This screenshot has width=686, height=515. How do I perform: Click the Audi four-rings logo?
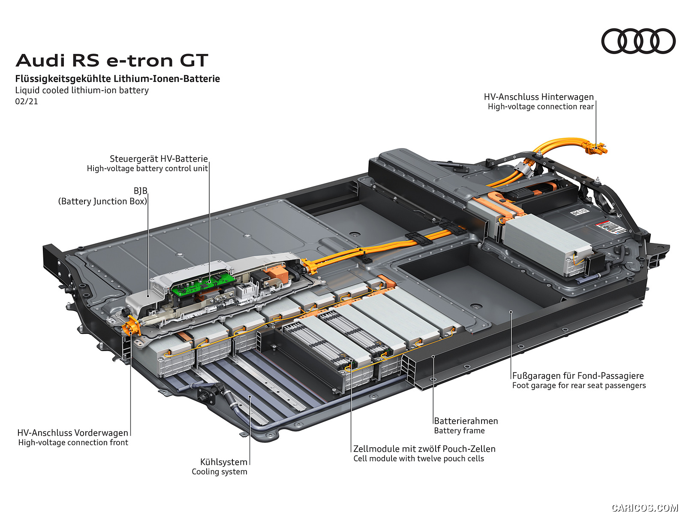[638, 41]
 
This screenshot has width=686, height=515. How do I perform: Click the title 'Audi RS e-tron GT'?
[112, 61]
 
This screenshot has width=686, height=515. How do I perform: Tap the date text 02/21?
[27, 102]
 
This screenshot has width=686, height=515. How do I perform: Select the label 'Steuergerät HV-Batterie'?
[159, 159]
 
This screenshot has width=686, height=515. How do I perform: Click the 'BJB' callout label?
[140, 191]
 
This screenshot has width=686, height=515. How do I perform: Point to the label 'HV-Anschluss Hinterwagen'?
[539, 97]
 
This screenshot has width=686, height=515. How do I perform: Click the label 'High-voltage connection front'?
[73, 442]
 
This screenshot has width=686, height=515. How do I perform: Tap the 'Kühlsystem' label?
[224, 462]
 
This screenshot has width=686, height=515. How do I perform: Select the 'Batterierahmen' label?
[466, 421]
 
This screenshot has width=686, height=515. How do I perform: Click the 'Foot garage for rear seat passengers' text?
[579, 385]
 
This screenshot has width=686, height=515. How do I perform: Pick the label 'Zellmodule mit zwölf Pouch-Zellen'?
[424, 449]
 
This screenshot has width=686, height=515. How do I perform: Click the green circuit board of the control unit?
[204, 284]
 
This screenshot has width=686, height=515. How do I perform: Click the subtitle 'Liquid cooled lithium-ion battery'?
[82, 91]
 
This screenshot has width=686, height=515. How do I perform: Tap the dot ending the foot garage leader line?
[511, 312]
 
